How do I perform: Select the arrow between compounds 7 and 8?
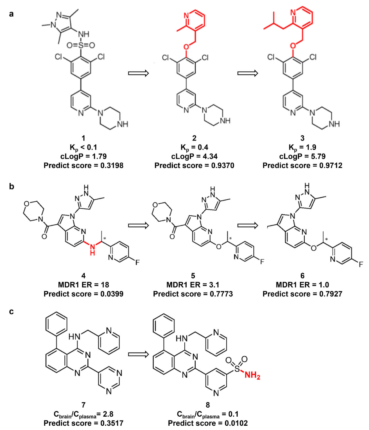139,354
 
